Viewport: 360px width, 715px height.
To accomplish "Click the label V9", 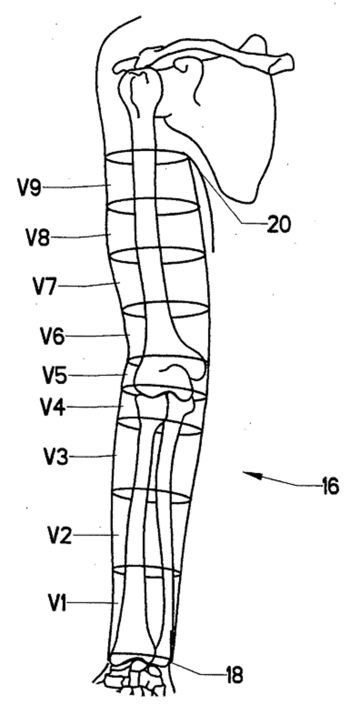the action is point(30,188).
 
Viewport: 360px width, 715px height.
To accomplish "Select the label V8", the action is point(37,238).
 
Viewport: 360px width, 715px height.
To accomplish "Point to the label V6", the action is point(52,337).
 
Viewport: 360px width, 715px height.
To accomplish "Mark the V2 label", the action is point(59,536).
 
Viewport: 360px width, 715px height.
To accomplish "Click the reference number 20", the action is point(278,225).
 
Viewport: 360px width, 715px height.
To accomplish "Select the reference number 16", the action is point(329,486).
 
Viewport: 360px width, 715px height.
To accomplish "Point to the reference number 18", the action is point(234,675).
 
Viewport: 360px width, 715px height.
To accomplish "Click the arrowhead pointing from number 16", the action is point(248,474).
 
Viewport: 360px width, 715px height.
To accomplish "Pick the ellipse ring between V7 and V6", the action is point(166,310).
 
